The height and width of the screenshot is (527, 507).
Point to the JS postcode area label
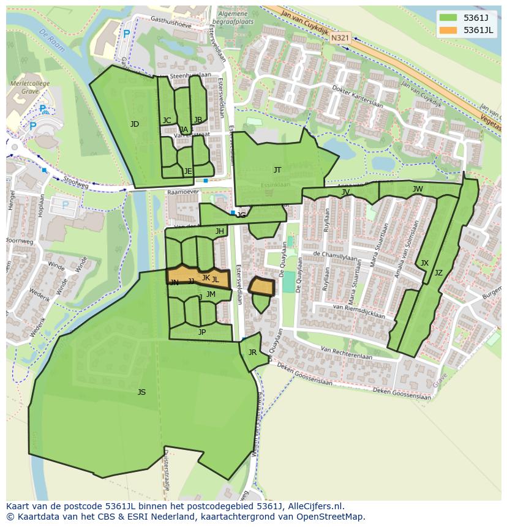pos(141,392)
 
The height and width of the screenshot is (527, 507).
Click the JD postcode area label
pos(135,124)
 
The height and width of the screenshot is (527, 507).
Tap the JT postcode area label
pos(277,170)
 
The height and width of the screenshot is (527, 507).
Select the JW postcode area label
pos(418,189)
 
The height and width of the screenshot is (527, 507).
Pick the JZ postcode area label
pos(438,273)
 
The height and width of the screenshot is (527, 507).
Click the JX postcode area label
pos(424,263)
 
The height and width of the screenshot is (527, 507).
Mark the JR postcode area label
pos(252,353)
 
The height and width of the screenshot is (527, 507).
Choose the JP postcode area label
pos(202,332)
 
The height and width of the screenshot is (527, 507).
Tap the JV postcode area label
pos(346,192)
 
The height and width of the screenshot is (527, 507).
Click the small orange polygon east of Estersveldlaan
pos(261,286)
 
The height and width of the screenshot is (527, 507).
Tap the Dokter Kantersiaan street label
pos(357,97)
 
